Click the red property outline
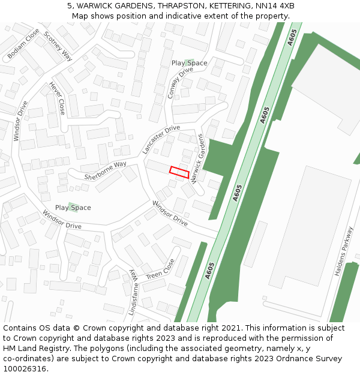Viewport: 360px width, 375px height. (x=179, y=171)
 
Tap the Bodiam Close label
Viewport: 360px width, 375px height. (x=23, y=44)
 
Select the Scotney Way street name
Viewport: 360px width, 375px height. (x=58, y=46)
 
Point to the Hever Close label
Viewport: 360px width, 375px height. (x=58, y=98)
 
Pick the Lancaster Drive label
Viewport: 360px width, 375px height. (x=161, y=139)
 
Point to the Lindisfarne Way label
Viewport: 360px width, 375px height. (x=133, y=292)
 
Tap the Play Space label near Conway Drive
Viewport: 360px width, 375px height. (x=189, y=63)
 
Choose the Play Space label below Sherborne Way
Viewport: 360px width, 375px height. (x=73, y=208)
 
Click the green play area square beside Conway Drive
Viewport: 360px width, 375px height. (x=190, y=62)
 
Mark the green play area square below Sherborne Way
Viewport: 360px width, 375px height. (x=73, y=207)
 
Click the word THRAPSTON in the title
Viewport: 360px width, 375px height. (x=184, y=6)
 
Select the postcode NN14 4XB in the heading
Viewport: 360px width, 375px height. (x=274, y=6)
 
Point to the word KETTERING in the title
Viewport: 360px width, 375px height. (x=230, y=6)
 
